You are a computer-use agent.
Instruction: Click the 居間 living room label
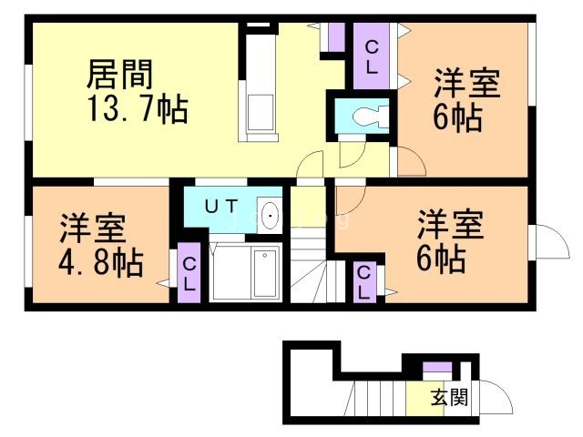tap(119, 75)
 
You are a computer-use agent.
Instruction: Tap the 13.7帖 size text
tap(138, 109)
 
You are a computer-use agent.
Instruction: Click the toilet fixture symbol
tap(370, 116)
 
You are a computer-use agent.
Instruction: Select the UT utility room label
tap(221, 207)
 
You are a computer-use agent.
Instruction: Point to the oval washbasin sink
tap(270, 216)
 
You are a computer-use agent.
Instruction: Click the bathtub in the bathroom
tap(265, 273)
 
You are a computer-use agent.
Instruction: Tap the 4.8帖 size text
tap(101, 263)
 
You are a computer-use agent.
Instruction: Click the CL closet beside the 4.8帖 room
tap(189, 273)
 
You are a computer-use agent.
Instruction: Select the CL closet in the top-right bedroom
tap(372, 56)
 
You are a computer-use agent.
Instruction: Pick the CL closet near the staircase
tap(364, 282)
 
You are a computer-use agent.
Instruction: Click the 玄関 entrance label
tap(449, 398)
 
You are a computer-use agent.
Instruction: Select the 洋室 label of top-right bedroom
tap(467, 83)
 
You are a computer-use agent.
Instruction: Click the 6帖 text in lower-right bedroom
tap(441, 259)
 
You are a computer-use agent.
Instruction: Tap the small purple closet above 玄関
tap(437, 367)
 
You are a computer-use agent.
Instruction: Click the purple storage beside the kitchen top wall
tap(336, 37)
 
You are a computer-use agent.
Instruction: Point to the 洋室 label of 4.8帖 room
tap(93, 229)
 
